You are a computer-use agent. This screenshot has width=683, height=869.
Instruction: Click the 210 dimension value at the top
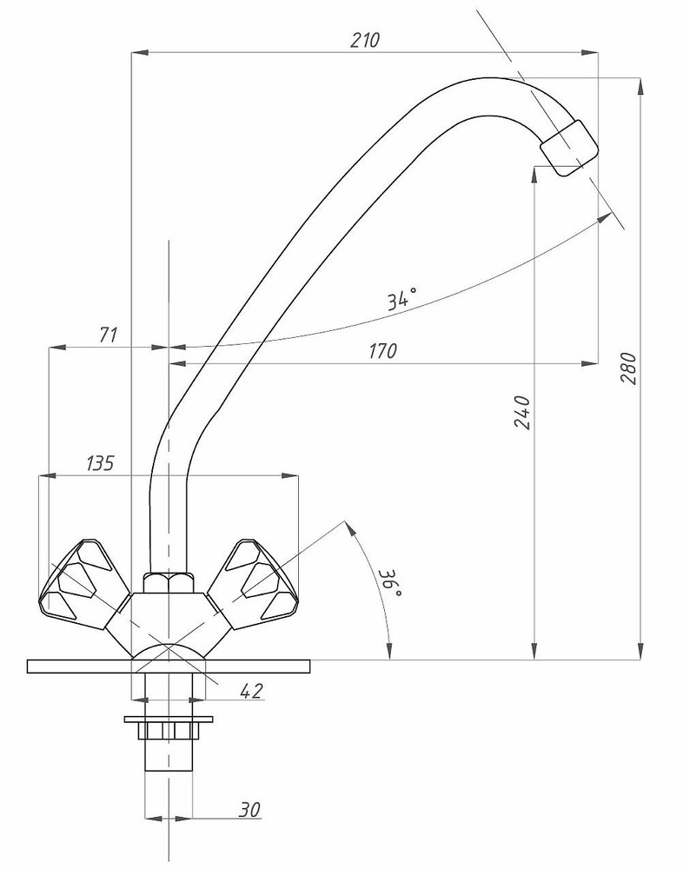coord(365,40)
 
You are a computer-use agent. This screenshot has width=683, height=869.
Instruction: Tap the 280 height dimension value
coord(630,368)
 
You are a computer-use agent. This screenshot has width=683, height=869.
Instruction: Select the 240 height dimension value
coord(522,412)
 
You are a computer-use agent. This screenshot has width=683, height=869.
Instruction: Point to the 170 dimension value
coord(383,350)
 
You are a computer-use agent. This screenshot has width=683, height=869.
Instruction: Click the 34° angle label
coord(402,297)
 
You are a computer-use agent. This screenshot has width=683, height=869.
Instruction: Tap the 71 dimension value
coord(109,335)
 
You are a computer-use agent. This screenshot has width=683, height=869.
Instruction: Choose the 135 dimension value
coord(100,463)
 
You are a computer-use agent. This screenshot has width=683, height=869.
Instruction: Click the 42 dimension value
coord(251,691)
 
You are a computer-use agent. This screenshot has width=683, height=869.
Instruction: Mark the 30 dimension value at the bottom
coord(249,810)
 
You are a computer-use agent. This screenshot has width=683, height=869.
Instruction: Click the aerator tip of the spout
coord(569,148)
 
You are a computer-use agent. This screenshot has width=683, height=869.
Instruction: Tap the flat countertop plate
coord(169,667)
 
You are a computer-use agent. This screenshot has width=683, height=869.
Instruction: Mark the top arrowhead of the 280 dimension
coord(641,86)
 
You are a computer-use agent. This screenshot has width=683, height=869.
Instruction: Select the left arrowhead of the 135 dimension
coord(48,475)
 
